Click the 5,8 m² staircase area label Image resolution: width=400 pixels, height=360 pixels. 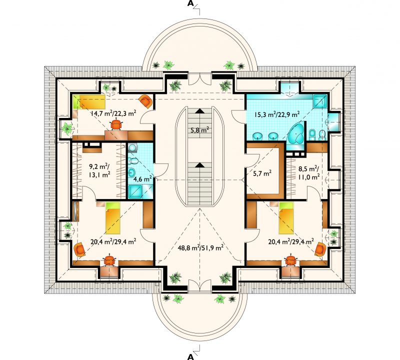pyautogui.click(x=200, y=130)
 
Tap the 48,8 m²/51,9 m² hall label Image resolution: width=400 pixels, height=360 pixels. pyautogui.click(x=201, y=247)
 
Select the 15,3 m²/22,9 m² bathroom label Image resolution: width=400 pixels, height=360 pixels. pyautogui.click(x=277, y=114)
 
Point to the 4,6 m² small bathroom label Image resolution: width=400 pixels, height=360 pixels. pyautogui.click(x=143, y=179)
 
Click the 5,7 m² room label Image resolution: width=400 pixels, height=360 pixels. pyautogui.click(x=262, y=173)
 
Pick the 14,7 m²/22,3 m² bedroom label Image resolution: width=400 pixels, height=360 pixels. pyautogui.click(x=113, y=113)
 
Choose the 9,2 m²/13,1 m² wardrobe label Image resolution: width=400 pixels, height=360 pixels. pyautogui.click(x=99, y=170)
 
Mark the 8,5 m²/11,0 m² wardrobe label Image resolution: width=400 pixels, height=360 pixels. pyautogui.click(x=309, y=172)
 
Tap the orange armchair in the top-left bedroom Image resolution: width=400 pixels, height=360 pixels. pyautogui.click(x=146, y=101)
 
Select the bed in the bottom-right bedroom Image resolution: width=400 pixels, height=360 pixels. pyautogui.click(x=286, y=217)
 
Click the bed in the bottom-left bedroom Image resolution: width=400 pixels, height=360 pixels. pyautogui.click(x=113, y=217)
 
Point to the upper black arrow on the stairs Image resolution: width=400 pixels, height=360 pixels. pyautogui.click(x=200, y=110)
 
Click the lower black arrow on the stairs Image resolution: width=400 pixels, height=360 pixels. pyautogui.click(x=200, y=165)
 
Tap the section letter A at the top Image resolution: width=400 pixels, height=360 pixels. pyautogui.click(x=190, y=3)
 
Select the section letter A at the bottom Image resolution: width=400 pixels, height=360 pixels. pyautogui.click(x=190, y=356)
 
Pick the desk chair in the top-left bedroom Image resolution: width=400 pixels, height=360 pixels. pyautogui.click(x=116, y=124)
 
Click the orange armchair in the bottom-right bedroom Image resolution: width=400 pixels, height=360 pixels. pyautogui.click(x=320, y=249)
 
